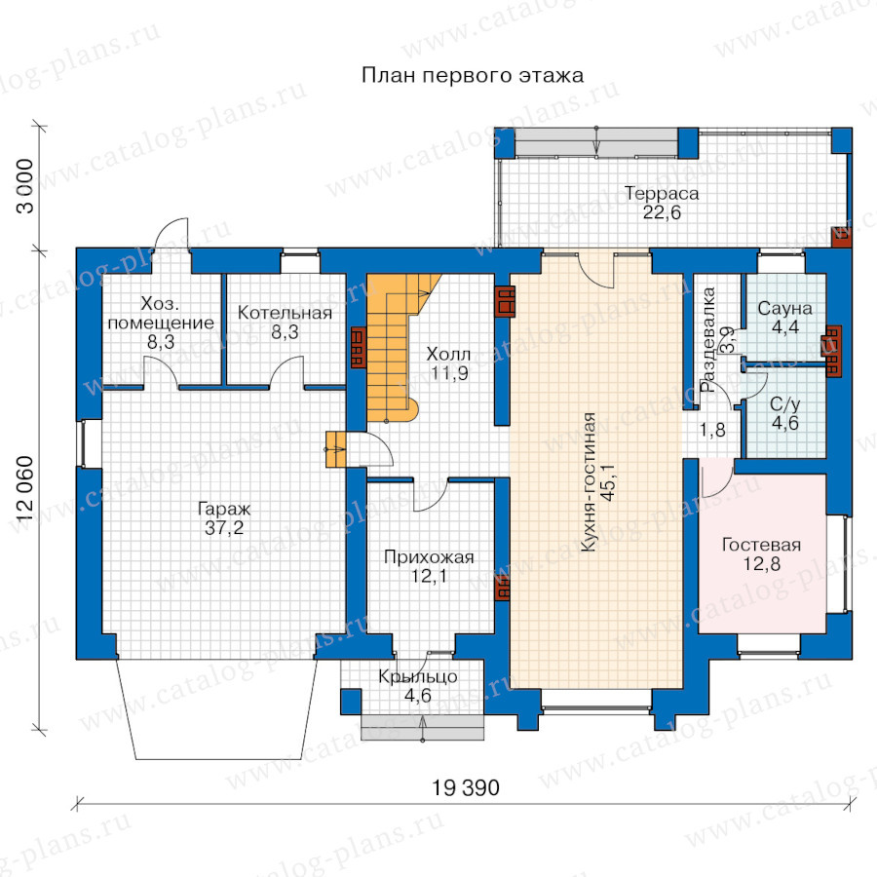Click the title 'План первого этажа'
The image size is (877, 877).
pos(473,75)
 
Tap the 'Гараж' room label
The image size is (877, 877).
pos(224,509)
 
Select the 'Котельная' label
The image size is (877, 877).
pos(285,313)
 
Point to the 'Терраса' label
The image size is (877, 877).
pos(662,194)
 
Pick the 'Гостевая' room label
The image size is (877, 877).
pos(761,545)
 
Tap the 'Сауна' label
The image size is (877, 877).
pos(784,308)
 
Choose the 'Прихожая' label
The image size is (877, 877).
pos(429,557)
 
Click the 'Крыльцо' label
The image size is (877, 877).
pos(418,677)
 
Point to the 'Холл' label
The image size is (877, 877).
pos(448,354)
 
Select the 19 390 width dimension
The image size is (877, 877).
pos(466,788)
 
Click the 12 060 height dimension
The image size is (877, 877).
pos(25,488)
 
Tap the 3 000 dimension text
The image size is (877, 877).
pos(25,186)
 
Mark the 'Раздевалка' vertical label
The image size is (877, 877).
pos(708,339)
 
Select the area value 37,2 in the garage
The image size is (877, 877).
pos(224,527)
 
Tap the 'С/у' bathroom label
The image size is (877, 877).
pos(785,403)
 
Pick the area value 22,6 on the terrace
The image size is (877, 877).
pos(662,212)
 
